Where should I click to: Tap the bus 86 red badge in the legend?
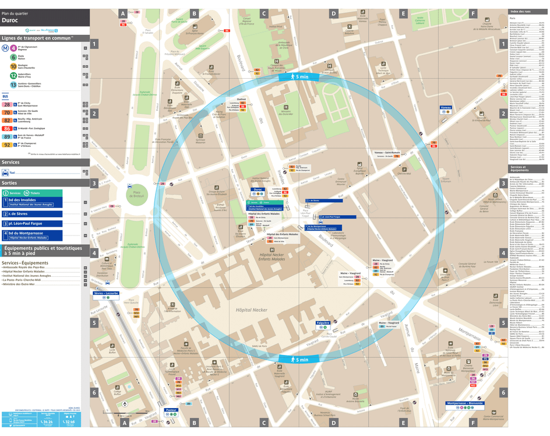[x=7, y=128]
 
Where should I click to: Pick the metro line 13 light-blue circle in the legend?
[x=13, y=85]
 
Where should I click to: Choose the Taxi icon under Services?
[x=5, y=173]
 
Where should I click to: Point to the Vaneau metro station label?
[x=446, y=108]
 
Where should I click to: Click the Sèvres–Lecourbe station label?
[x=106, y=293]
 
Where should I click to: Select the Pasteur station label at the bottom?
[x=171, y=410]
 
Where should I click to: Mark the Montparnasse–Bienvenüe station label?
[x=465, y=403]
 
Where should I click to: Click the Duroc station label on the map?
[x=258, y=189]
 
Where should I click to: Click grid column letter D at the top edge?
[x=333, y=13]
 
